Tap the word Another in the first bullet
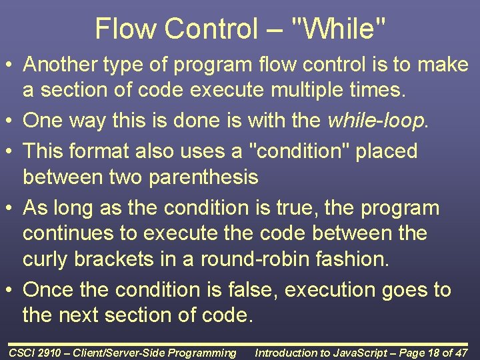[62, 65]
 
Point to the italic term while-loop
[377, 121]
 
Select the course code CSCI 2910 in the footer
[34, 353]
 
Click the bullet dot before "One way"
[12, 121]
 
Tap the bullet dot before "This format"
[12, 151]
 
